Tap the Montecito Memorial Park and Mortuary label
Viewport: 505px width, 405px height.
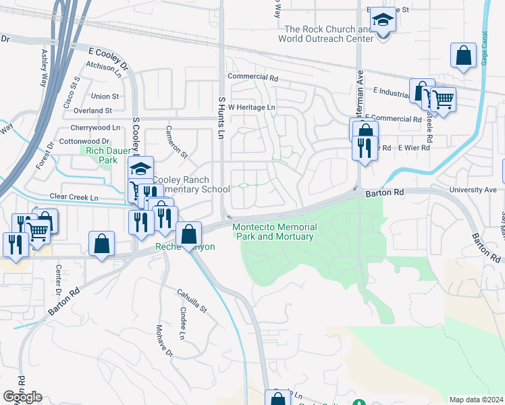coord(273,232)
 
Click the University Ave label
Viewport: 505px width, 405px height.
coord(477,190)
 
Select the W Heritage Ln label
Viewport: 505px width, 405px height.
coord(252,107)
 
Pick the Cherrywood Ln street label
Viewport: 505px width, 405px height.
coord(95,128)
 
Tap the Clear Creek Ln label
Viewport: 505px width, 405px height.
coord(74,197)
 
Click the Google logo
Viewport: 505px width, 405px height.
coord(22,397)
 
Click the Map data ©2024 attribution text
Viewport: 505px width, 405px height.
coord(475,400)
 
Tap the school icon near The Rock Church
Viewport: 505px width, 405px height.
coord(383,20)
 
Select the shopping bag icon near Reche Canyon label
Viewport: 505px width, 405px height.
coord(189,235)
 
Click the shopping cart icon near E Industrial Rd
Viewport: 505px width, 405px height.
coord(443,99)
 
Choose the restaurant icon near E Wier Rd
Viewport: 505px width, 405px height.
coord(365,148)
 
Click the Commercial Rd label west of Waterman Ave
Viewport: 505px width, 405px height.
coord(252,78)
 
